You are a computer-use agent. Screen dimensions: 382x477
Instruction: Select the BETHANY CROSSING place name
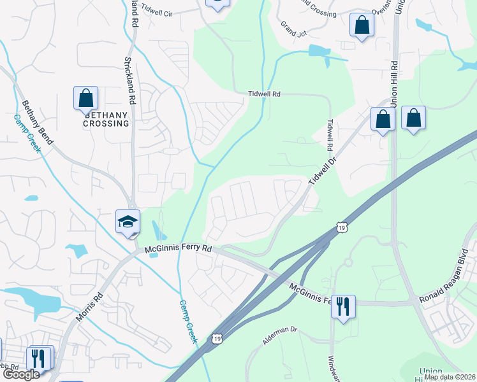click(106, 120)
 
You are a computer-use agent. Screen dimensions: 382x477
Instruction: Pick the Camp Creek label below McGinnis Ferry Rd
click(188, 322)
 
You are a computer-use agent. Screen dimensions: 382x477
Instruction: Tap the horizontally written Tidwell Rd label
click(265, 94)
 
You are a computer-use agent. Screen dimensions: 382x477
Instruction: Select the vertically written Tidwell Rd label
click(330, 135)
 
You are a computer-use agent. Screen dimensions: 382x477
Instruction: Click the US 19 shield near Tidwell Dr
click(342, 227)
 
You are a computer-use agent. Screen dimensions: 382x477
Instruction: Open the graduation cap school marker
click(128, 222)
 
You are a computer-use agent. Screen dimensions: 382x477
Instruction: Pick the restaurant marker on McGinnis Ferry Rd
click(343, 307)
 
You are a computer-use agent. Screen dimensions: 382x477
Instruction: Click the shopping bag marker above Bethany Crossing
click(85, 98)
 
